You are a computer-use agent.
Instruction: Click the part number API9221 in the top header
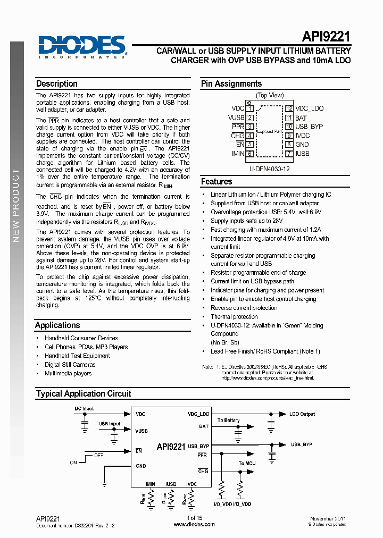[x=326, y=37]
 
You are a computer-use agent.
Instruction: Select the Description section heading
[x=57, y=84]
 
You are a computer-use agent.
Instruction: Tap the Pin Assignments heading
[x=231, y=84]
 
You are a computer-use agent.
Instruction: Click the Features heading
[x=217, y=181]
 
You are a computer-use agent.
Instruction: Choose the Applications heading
[x=57, y=325]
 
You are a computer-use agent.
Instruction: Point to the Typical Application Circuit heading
[x=84, y=394]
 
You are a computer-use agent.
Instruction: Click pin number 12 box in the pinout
[x=289, y=108]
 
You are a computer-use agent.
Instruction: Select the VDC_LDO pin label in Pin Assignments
[x=310, y=108]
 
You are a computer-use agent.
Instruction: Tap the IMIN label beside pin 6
[x=238, y=154]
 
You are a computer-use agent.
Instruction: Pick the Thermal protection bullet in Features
[x=234, y=317]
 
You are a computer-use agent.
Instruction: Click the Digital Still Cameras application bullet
[x=70, y=365]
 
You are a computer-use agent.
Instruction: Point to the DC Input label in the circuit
[x=84, y=409]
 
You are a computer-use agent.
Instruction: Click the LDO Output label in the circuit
[x=302, y=414]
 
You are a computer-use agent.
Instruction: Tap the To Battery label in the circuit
[x=229, y=421]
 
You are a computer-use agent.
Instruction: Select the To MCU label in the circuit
[x=247, y=464]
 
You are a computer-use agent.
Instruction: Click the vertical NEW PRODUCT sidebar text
[x=16, y=205]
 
